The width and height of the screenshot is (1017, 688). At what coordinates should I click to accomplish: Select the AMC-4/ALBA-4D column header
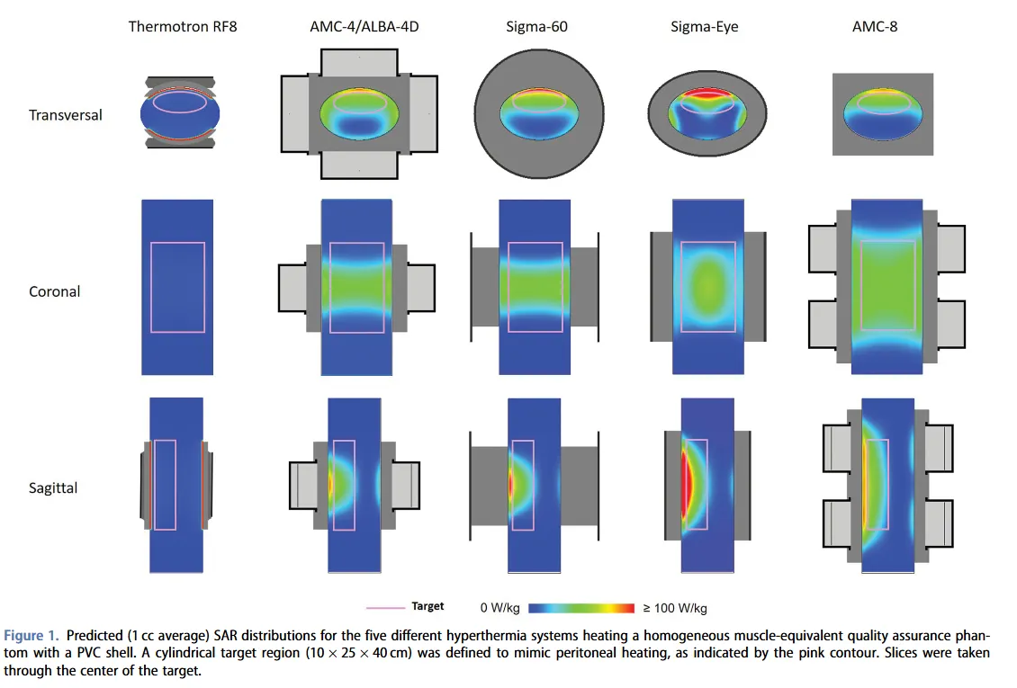358,26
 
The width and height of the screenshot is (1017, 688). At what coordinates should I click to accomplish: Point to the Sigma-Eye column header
705,26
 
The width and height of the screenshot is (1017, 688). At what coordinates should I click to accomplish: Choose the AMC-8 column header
875,26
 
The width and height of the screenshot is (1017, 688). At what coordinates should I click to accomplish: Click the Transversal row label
66,115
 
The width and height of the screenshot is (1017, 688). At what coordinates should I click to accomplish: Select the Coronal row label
55,291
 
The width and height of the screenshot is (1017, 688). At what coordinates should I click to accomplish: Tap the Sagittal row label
53,488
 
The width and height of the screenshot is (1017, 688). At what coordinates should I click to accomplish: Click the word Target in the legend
427,606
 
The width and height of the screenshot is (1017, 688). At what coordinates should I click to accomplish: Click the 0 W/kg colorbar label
502,608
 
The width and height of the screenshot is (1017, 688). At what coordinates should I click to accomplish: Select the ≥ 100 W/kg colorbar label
675,608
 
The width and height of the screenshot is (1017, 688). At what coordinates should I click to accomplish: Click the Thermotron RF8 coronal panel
177,287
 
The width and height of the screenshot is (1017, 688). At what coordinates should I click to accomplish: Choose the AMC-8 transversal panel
882,114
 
